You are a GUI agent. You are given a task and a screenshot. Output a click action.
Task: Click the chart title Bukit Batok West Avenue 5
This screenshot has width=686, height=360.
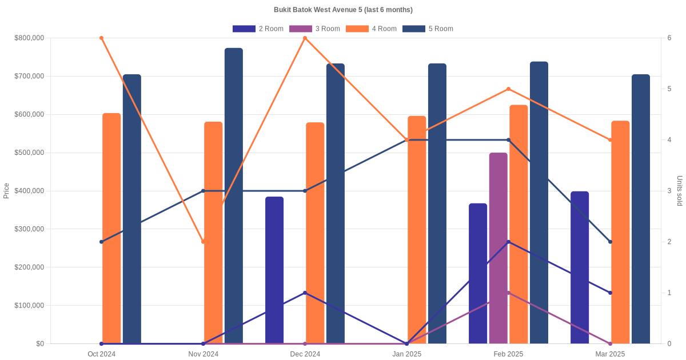343,10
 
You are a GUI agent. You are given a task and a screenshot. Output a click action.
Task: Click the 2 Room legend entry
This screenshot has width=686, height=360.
258,29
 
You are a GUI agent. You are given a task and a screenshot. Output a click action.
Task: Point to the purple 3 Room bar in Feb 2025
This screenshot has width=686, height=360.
498,248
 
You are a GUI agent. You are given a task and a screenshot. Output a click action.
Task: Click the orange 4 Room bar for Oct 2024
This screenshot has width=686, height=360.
111,229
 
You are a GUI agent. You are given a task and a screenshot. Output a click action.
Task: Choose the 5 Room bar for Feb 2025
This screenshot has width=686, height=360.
539,202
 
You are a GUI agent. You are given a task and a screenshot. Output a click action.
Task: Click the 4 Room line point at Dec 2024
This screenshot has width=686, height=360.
305,38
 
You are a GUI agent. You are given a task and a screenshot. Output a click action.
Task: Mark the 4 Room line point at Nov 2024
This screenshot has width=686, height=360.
203,242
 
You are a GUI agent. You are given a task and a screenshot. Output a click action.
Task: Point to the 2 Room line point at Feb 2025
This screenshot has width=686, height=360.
508,242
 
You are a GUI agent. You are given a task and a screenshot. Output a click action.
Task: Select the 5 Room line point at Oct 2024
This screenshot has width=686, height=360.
101,242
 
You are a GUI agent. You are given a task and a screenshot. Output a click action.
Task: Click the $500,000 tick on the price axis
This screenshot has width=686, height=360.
29,153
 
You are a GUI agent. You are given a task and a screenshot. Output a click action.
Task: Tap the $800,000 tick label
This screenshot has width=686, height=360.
29,38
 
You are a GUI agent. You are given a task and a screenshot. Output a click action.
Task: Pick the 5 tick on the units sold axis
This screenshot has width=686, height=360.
669,89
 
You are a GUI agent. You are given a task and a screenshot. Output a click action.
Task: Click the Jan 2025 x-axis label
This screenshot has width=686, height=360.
406,354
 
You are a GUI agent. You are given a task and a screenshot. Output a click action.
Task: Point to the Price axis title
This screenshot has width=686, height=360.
6,190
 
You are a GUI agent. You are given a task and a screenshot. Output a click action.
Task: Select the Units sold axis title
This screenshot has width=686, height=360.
680,190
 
